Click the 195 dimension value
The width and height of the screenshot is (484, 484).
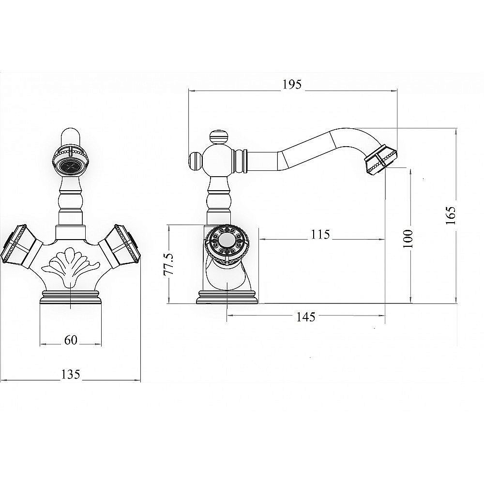coord(292,84)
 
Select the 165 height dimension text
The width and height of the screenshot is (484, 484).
coord(451,215)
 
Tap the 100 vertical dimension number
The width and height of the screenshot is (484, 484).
coord(408,238)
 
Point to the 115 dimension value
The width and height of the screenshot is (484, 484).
coord(320,235)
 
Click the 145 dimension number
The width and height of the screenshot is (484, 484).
coord(306,317)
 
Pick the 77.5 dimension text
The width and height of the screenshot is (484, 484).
coord(169,264)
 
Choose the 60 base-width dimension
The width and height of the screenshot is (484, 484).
coord(71,340)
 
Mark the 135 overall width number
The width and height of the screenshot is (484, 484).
coord(71,374)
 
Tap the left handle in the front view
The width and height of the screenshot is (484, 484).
coord(20,246)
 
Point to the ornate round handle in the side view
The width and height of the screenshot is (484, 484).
coord(227,243)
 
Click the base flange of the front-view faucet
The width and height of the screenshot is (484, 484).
coord(71,298)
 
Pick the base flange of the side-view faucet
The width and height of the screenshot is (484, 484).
coord(227,297)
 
